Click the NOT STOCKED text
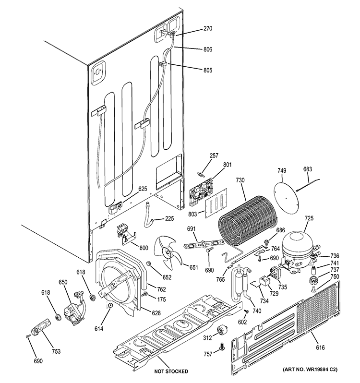click(x=171, y=371)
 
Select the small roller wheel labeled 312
click(x=222, y=330)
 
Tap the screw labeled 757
click(x=222, y=347)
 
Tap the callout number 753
click(x=56, y=351)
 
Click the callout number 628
click(x=156, y=313)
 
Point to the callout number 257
click(x=214, y=156)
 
